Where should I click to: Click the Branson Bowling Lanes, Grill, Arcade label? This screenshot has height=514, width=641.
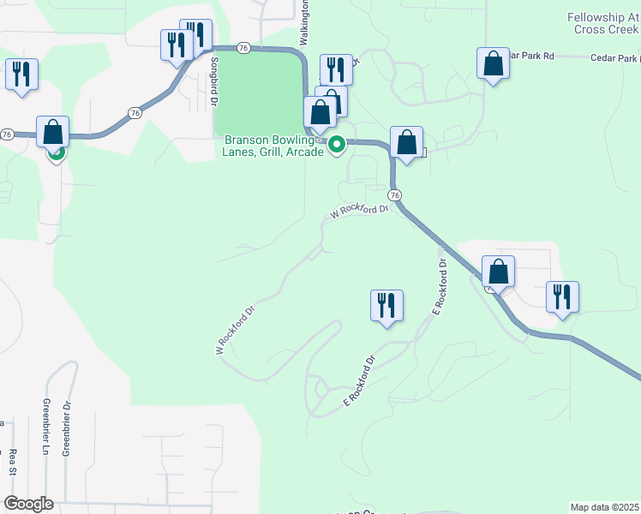click(x=274, y=146)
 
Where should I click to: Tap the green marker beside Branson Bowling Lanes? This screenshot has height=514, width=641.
click(x=337, y=144)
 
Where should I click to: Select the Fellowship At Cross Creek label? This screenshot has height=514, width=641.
click(x=603, y=23)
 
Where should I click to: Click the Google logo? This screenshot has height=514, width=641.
click(x=27, y=504)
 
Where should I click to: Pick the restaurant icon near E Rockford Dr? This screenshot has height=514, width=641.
click(x=386, y=306)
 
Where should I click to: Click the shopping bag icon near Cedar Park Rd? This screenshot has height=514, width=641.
click(x=493, y=64)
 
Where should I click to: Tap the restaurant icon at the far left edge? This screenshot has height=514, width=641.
click(x=21, y=74)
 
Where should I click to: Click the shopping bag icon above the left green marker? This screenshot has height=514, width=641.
click(x=52, y=132)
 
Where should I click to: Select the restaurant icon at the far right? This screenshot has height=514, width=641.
click(x=562, y=297)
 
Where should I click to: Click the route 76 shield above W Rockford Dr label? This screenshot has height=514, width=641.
click(x=393, y=195)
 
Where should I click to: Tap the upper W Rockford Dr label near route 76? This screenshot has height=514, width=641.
click(x=361, y=211)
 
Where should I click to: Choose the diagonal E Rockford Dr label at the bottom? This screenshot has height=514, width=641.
click(x=360, y=381)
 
